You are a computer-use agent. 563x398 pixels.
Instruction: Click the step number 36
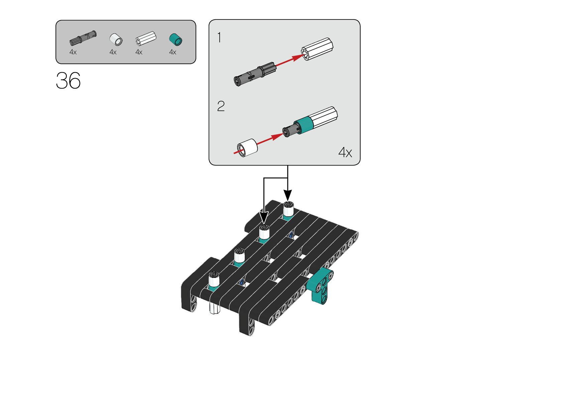tap(68, 81)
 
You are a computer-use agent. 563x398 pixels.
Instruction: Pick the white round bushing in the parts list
tap(116, 39)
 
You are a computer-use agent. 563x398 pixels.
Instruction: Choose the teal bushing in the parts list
tap(176, 39)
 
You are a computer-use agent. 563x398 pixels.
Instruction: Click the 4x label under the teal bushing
tap(173, 52)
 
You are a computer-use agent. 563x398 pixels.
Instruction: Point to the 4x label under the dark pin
tap(73, 52)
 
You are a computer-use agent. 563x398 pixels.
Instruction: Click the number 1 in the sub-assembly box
tap(219, 37)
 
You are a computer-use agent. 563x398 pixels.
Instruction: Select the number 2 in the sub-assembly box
tap(221, 106)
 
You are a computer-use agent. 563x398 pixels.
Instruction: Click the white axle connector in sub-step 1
tap(317, 49)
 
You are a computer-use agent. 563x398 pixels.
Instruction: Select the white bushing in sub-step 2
tap(248, 148)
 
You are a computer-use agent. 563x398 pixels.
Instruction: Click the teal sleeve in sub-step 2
tap(304, 124)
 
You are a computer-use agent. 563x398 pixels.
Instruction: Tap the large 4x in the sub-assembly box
tap(345, 152)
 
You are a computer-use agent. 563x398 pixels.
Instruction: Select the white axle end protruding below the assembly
tap(214, 309)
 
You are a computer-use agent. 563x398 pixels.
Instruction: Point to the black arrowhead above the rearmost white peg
tap(288, 195)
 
